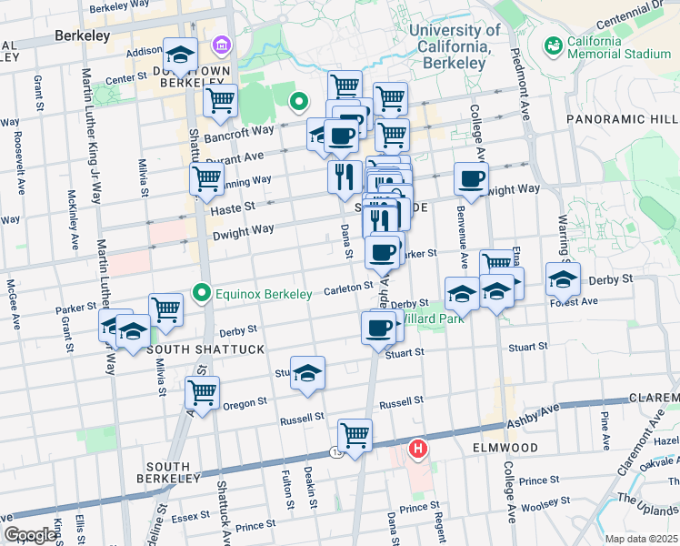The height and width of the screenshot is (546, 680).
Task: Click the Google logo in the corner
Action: click(30, 535)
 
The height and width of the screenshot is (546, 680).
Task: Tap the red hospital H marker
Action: click(418, 448)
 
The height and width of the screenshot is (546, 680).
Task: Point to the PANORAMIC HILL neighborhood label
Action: click(622, 119)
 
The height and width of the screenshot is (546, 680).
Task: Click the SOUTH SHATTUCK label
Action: click(192, 349)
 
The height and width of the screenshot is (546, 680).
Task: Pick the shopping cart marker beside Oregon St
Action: click(203, 392)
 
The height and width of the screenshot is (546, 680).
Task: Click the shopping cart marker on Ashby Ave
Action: click(355, 434)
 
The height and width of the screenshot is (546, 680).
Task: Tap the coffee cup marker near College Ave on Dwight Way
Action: click(471, 178)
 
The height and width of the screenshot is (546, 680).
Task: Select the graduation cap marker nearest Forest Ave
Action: click(563, 279)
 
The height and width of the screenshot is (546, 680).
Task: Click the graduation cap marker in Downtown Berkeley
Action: click(180, 56)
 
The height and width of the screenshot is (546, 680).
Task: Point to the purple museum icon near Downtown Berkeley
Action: click(220, 45)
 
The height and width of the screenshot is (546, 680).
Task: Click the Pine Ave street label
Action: click(605, 420)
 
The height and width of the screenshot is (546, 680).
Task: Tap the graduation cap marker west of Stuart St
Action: click(308, 372)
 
